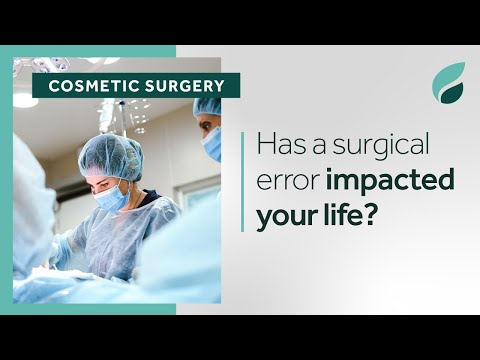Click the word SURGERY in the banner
pos(183,86)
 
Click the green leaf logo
pos(448,83)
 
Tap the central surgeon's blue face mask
pos(112,196)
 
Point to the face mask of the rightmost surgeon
pos(212,144)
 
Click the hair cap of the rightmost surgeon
pos(208,106)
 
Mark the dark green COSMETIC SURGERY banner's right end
pos(235,86)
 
